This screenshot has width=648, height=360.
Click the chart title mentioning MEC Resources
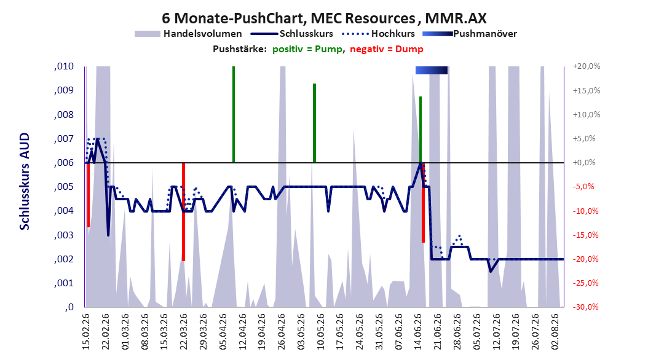point(324,18)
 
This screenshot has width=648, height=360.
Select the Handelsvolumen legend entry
point(189,34)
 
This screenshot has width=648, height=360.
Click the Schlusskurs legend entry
point(292,34)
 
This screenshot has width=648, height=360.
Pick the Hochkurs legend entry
point(379,34)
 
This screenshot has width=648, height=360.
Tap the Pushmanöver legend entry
point(470,34)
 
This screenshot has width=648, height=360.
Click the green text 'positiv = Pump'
point(307,49)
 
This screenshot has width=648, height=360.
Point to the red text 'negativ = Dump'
point(387,49)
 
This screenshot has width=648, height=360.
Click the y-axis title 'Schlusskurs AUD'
point(25,181)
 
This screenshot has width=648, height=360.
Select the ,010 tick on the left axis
point(64,66)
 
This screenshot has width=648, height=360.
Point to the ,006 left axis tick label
point(64,163)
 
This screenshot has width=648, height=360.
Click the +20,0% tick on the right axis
point(587,66)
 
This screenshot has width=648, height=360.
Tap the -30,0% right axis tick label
point(587,307)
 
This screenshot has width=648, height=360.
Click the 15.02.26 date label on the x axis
point(86,332)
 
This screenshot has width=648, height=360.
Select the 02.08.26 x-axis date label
point(555,332)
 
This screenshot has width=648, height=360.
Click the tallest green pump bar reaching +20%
point(234,114)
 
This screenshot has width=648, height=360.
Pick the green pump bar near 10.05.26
point(315,123)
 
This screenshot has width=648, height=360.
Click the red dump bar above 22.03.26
point(183,212)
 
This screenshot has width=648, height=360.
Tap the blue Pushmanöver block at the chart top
point(432,70)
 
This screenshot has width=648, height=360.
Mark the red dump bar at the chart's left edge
point(89,195)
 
